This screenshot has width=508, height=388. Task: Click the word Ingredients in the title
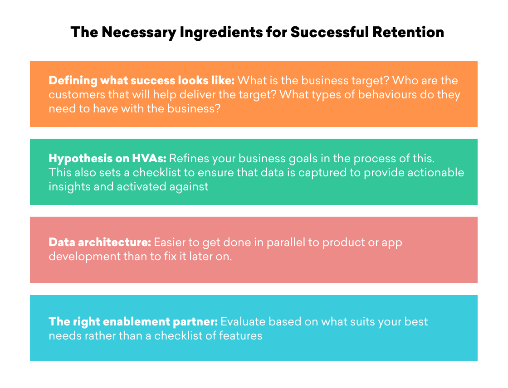tap(221, 33)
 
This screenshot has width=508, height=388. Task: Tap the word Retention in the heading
tap(408, 32)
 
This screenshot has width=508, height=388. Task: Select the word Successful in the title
tap(329, 32)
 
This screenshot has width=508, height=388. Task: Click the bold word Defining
tap(73, 81)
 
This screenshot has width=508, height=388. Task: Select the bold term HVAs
tap(149, 158)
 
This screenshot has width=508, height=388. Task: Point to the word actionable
tap(435, 172)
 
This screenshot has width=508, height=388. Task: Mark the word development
tap(84, 257)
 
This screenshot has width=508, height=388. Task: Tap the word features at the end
tap(240, 335)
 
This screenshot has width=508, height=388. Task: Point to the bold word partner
tap(195, 322)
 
